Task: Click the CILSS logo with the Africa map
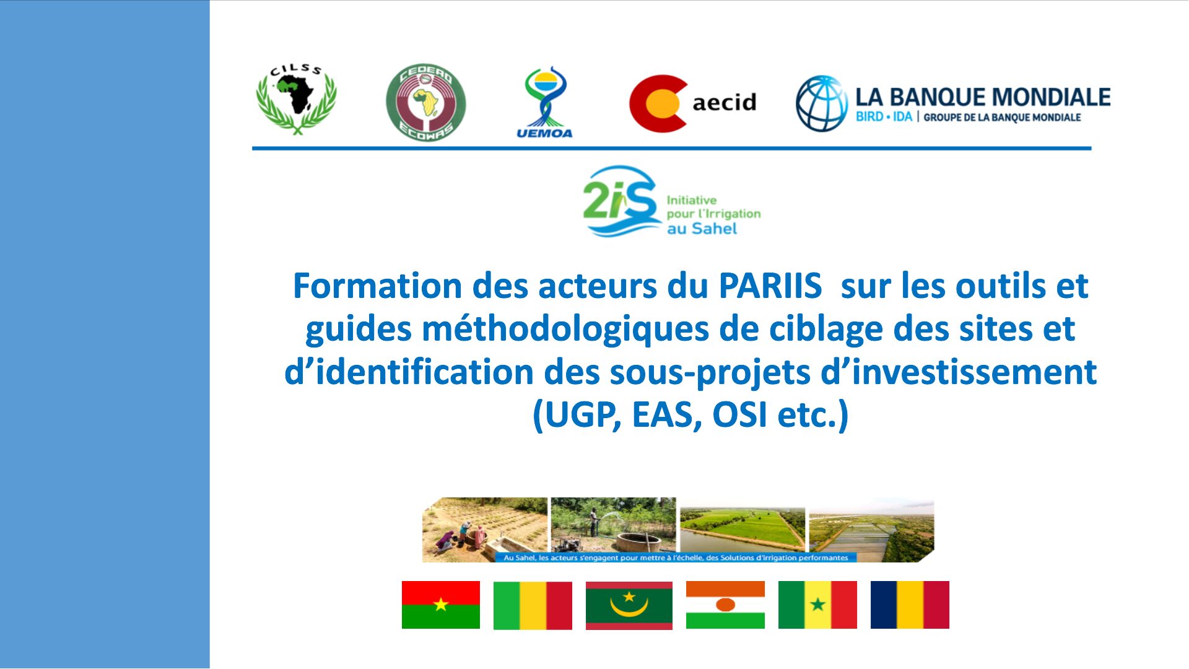(x=297, y=99)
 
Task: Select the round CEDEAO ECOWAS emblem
(x=425, y=102)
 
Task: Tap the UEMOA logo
(x=544, y=102)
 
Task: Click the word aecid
(x=724, y=102)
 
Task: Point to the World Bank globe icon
(x=822, y=103)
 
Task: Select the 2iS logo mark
(x=621, y=201)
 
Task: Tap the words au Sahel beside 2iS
(x=702, y=229)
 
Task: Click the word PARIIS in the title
(x=770, y=286)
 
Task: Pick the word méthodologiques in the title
(x=565, y=330)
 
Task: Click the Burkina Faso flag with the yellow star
(x=441, y=605)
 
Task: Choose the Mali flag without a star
(x=533, y=605)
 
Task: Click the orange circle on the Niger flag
(x=725, y=605)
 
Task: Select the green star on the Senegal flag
(x=817, y=604)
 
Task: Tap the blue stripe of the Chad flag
(x=884, y=605)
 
